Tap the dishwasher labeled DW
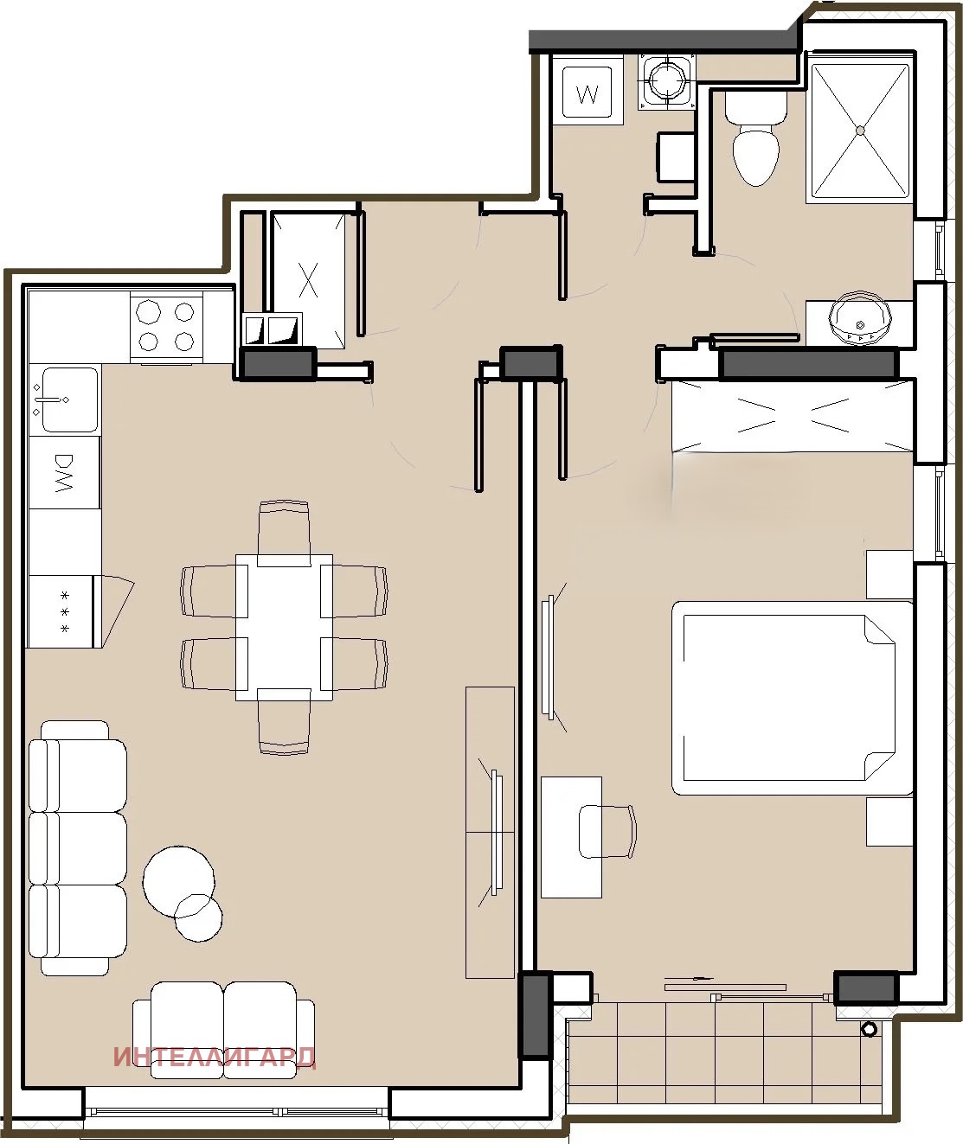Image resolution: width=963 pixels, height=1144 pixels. pyautogui.click(x=65, y=473)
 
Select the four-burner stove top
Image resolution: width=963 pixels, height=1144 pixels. pyautogui.click(x=166, y=328)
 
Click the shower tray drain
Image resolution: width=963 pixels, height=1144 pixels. pyautogui.click(x=860, y=130)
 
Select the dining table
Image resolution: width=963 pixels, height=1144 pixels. pyautogui.click(x=284, y=627)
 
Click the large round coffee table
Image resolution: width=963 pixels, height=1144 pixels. pyautogui.click(x=179, y=881)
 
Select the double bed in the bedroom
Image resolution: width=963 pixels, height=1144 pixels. pyautogui.click(x=793, y=698)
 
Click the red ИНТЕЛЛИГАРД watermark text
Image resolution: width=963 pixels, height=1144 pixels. pyautogui.click(x=215, y=1058)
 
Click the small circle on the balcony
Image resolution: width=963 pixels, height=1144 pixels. pyautogui.click(x=870, y=1029)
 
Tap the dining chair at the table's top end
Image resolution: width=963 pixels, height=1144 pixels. pyautogui.click(x=284, y=533)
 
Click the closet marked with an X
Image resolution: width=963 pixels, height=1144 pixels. pyautogui.click(x=308, y=279)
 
